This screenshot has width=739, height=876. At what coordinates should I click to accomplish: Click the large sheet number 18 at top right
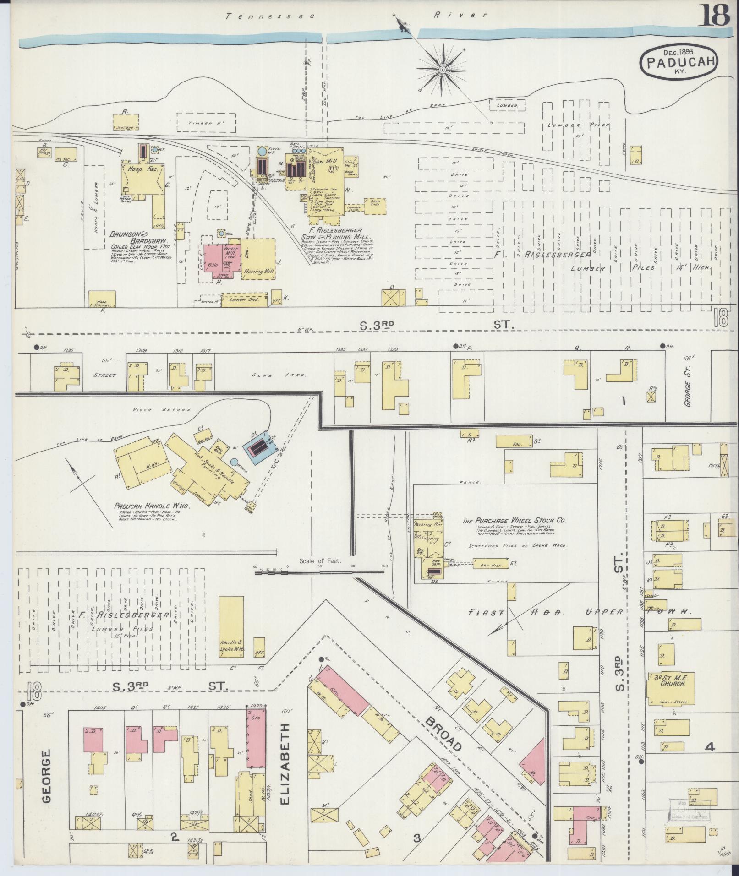pos(714,16)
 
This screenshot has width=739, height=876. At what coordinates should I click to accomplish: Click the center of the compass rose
pos(443,70)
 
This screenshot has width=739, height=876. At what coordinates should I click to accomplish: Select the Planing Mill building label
pos(259,271)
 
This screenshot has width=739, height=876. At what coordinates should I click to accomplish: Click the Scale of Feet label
pos(319,560)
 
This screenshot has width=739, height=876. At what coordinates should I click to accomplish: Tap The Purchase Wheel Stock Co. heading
pos(515,521)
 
